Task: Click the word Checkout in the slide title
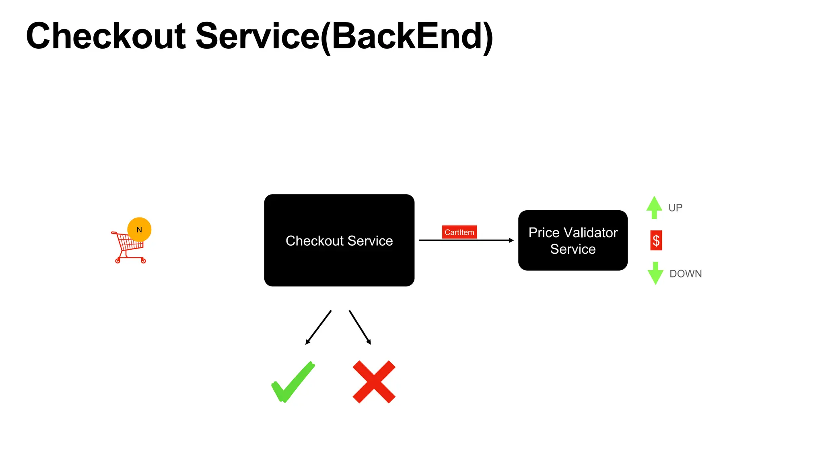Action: (106, 36)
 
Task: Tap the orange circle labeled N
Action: (139, 230)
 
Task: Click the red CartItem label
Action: (459, 232)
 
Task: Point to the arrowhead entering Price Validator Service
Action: (511, 240)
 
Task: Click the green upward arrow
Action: (654, 207)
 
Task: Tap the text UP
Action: (675, 208)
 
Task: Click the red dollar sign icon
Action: (656, 240)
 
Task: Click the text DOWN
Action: (685, 274)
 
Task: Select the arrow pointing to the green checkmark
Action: (318, 327)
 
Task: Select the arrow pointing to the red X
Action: (360, 327)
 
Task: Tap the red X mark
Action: (374, 382)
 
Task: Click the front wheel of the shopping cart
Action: (118, 261)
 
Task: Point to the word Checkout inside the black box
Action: (314, 241)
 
